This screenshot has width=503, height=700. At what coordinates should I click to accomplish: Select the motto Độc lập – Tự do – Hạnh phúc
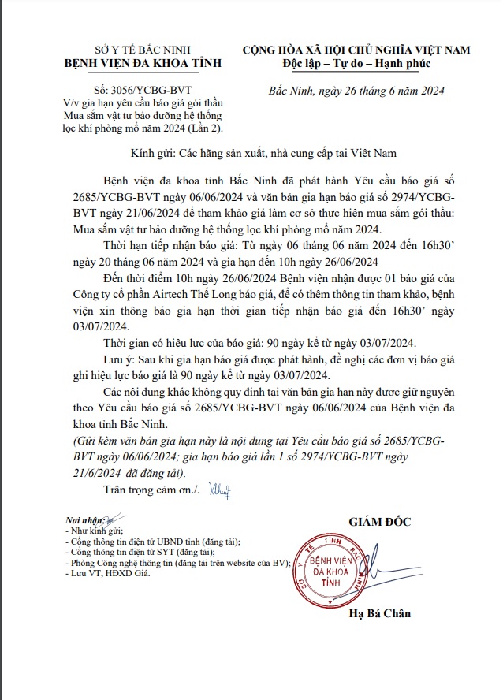click(x=356, y=63)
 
